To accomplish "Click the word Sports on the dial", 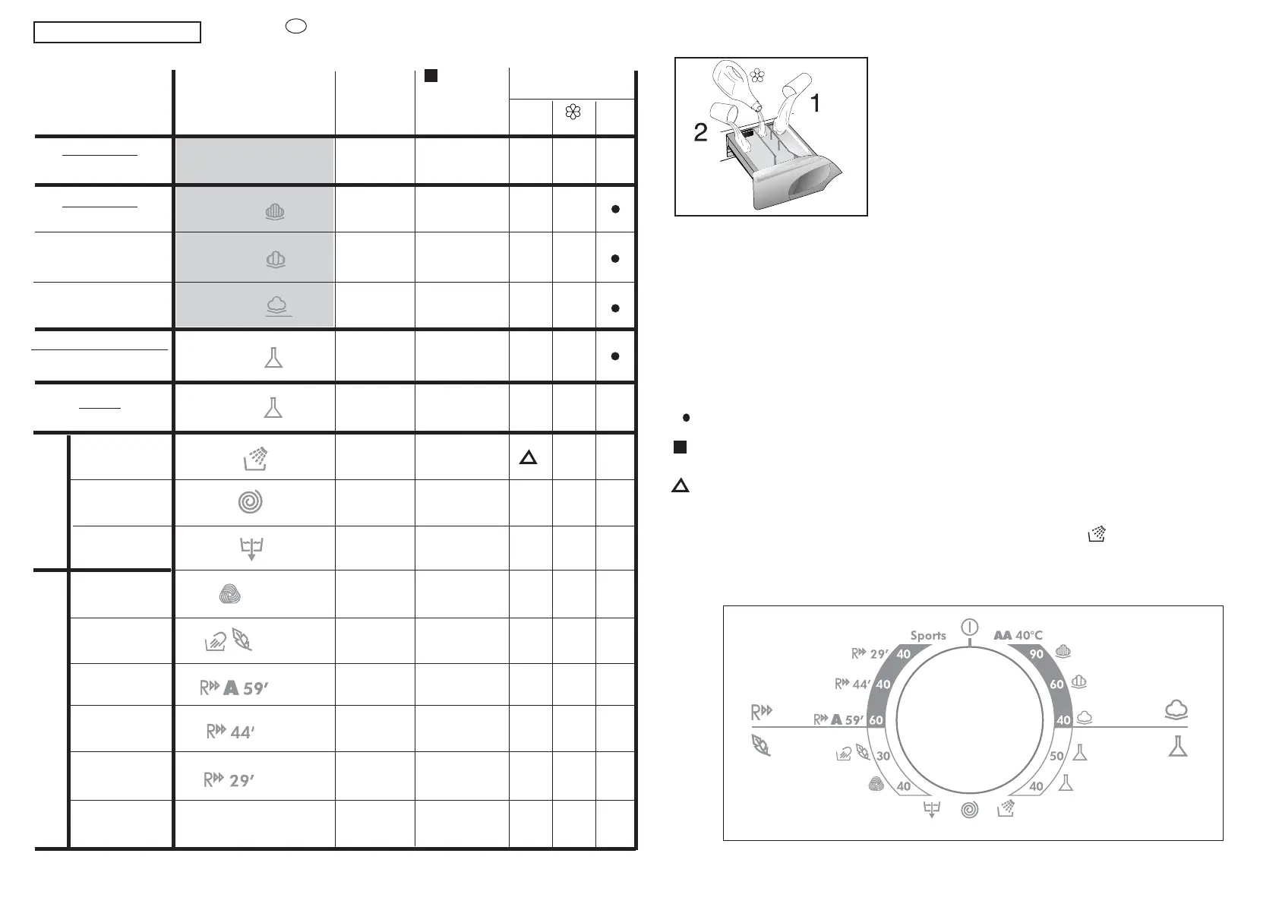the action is point(928,636).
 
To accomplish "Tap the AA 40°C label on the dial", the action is point(1018,635).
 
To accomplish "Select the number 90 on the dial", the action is point(1036,654).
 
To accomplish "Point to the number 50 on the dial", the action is point(1057,756).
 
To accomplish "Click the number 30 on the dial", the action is point(883,756).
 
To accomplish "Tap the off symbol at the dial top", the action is point(970,627).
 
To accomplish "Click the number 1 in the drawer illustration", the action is point(816,103).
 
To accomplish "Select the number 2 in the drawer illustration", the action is point(700,132).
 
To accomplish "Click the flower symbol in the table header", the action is point(573,112).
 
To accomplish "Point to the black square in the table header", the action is point(431,75).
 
